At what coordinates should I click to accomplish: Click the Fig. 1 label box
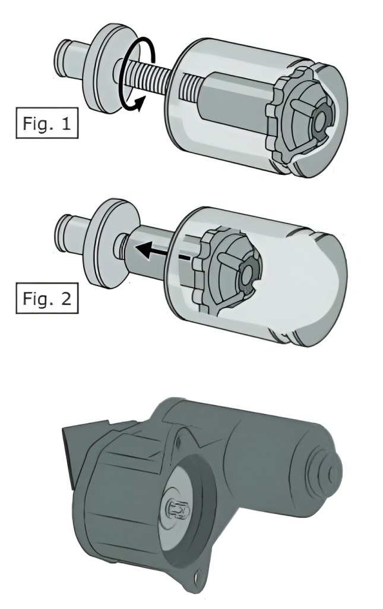(47, 123)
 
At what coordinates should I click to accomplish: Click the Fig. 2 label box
(47, 299)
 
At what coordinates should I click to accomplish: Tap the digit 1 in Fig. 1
(66, 123)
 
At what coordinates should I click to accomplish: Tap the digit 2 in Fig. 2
(66, 299)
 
